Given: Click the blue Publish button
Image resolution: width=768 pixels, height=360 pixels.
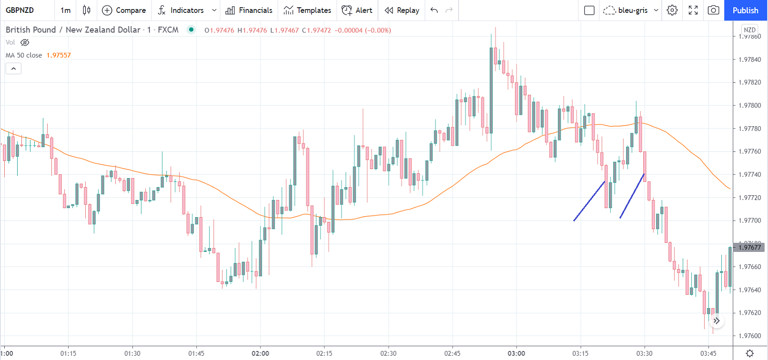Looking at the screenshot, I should [745, 10].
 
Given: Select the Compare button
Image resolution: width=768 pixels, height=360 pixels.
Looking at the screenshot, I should [124, 10].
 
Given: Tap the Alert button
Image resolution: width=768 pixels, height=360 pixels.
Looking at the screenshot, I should [357, 10].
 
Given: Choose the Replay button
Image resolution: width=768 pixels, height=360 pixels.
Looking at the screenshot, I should [402, 10].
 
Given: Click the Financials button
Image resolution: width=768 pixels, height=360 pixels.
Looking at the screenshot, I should [249, 10].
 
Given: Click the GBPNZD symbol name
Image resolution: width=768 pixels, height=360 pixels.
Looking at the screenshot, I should [20, 10].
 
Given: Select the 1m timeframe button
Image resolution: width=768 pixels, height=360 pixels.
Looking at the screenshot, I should [66, 10].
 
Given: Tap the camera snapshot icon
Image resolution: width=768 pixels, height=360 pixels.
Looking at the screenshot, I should [713, 10].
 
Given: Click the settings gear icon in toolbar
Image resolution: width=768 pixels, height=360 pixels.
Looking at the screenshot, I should [672, 10].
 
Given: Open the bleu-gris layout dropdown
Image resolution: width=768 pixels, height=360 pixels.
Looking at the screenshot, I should [630, 10].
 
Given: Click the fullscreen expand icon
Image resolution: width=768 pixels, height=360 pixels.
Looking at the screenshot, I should [693, 10].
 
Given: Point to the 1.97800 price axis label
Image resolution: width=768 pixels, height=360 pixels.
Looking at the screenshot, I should [750, 105].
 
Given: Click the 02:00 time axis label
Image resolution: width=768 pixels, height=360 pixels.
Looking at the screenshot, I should [260, 353].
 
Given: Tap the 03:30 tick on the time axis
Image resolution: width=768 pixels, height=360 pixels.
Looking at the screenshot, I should [644, 353].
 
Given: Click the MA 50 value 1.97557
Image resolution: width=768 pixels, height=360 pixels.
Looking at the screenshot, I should [59, 55].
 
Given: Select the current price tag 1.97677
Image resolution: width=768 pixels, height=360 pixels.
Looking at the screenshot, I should [750, 248].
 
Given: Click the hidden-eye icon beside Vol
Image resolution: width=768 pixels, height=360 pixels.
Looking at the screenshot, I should [25, 42].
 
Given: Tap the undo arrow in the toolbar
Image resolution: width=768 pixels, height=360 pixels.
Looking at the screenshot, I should [434, 10].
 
